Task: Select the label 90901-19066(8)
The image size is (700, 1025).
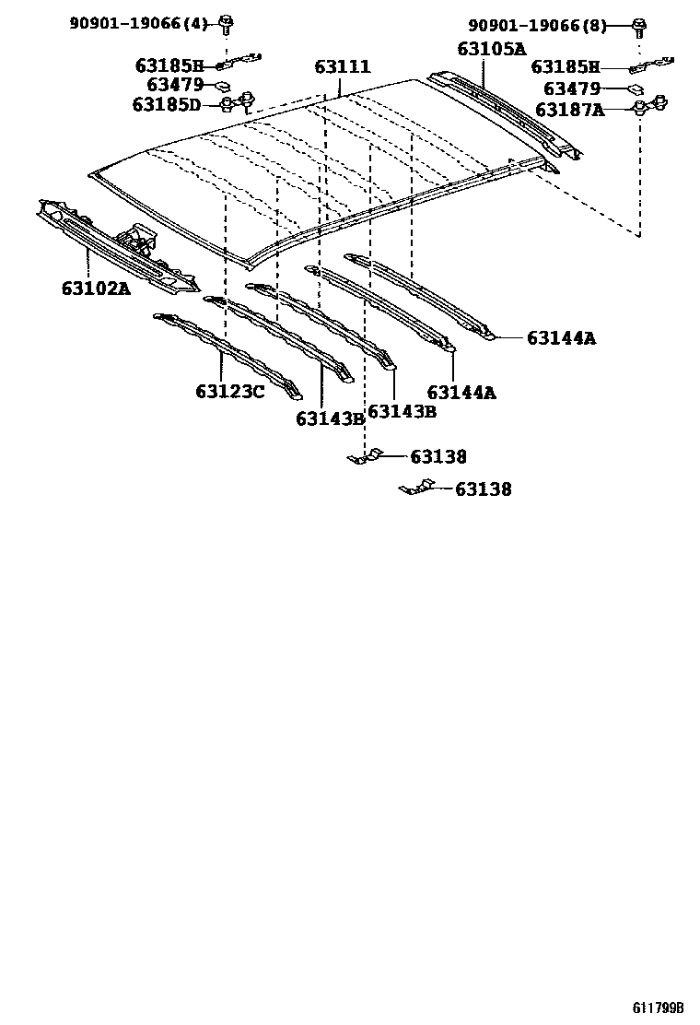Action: [x=538, y=26]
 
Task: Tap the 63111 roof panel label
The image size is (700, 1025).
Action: [x=343, y=67]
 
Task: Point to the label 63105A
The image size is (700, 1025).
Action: [x=491, y=49]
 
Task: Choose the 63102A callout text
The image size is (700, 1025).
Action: [x=96, y=289]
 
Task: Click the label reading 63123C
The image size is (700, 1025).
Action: [x=229, y=392]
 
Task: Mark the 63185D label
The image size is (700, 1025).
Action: [x=167, y=105]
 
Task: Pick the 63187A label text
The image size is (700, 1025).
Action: [x=570, y=110]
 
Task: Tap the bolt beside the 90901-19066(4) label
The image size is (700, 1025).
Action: [x=227, y=22]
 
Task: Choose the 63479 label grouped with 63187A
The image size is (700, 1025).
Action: [x=572, y=88]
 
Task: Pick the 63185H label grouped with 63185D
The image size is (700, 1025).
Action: [x=169, y=65]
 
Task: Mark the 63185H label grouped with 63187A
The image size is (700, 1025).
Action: [x=566, y=67]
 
